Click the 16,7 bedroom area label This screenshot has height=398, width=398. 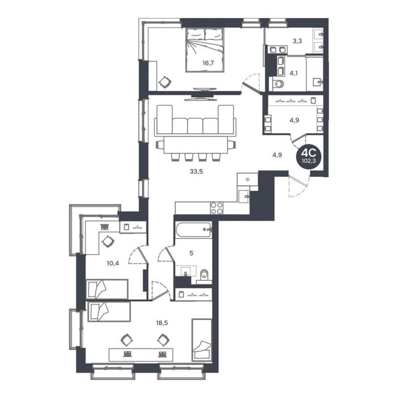[208, 63]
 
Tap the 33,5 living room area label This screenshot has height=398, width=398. [196, 172]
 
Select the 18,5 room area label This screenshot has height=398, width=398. [162, 323]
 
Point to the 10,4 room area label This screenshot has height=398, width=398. [113, 263]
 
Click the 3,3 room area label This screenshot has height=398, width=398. [297, 41]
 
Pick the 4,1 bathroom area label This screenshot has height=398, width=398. [294, 73]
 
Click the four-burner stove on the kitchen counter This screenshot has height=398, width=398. [217, 208]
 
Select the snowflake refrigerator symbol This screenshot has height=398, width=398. [247, 180]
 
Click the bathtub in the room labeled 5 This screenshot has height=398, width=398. [193, 230]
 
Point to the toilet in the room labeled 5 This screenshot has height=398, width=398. [204, 276]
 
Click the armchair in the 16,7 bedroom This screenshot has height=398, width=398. [165, 82]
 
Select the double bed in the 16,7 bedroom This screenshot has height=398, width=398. [205, 50]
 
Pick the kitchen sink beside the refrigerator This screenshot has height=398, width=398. [244, 196]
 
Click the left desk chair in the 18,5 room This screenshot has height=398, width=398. [126, 340]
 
